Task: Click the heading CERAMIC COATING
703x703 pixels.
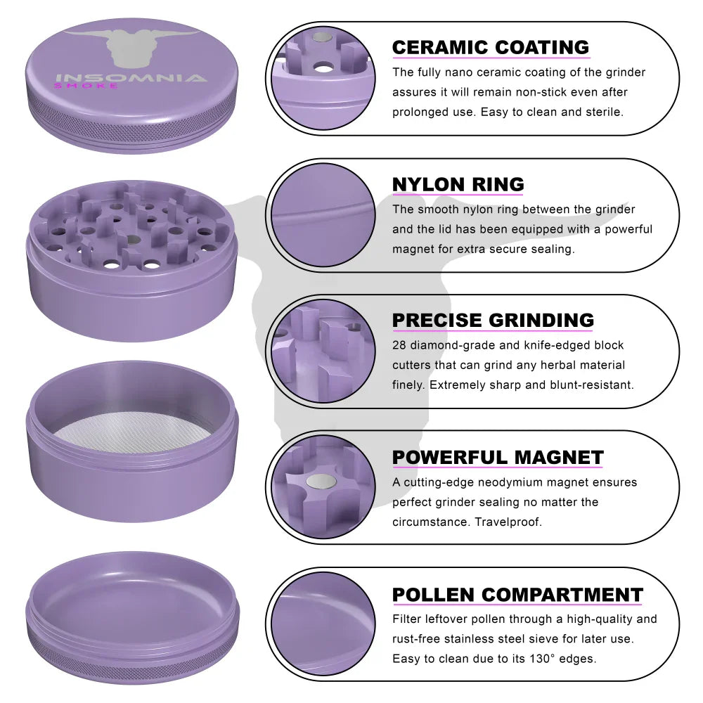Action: (x=491, y=47)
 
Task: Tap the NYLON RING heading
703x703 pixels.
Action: (x=458, y=184)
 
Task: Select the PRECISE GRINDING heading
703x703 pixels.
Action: (x=493, y=320)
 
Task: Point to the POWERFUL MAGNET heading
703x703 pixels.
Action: (x=498, y=458)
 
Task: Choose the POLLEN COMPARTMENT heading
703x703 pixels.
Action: (x=517, y=595)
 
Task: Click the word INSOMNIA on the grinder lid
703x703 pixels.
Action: (x=131, y=78)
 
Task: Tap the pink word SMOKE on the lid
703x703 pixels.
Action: (x=86, y=86)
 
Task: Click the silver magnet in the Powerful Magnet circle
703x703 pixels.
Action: (x=321, y=482)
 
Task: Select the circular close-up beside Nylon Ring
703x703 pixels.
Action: (x=323, y=214)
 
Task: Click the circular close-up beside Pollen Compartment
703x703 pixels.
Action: (x=323, y=624)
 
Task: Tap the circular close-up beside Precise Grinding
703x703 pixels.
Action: (x=323, y=351)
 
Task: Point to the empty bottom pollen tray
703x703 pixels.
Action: (x=132, y=618)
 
